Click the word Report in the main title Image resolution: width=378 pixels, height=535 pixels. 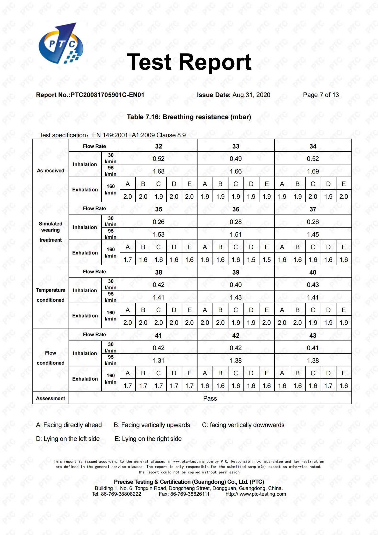(x=215, y=62)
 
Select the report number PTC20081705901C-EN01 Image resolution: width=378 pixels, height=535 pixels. (x=107, y=95)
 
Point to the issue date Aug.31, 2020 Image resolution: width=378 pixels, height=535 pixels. (x=251, y=95)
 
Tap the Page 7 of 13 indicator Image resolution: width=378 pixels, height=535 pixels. (x=321, y=95)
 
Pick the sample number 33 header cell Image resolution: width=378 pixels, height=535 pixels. (x=236, y=146)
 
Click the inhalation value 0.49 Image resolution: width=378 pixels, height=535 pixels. (x=236, y=159)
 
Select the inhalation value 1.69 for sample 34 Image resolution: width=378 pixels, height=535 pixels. (x=313, y=171)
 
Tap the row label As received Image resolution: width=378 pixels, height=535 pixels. (x=50, y=171)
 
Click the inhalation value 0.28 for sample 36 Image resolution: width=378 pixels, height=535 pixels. (x=236, y=222)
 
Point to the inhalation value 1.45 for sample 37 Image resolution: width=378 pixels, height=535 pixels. (x=313, y=235)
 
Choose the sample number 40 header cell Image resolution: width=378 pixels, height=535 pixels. (x=313, y=273)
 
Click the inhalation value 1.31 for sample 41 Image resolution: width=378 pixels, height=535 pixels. (x=158, y=361)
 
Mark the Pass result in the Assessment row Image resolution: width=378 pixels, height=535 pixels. (x=210, y=398)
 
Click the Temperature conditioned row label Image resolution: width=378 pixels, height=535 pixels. (x=50, y=295)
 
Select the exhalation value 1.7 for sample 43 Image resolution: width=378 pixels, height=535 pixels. (x=328, y=386)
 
